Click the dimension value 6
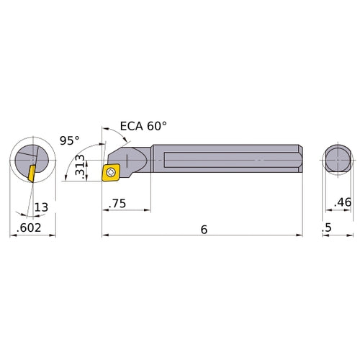[x=204, y=228]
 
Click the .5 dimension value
[x=328, y=229]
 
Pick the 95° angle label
[x=69, y=140]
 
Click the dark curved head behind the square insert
[x=130, y=156]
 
